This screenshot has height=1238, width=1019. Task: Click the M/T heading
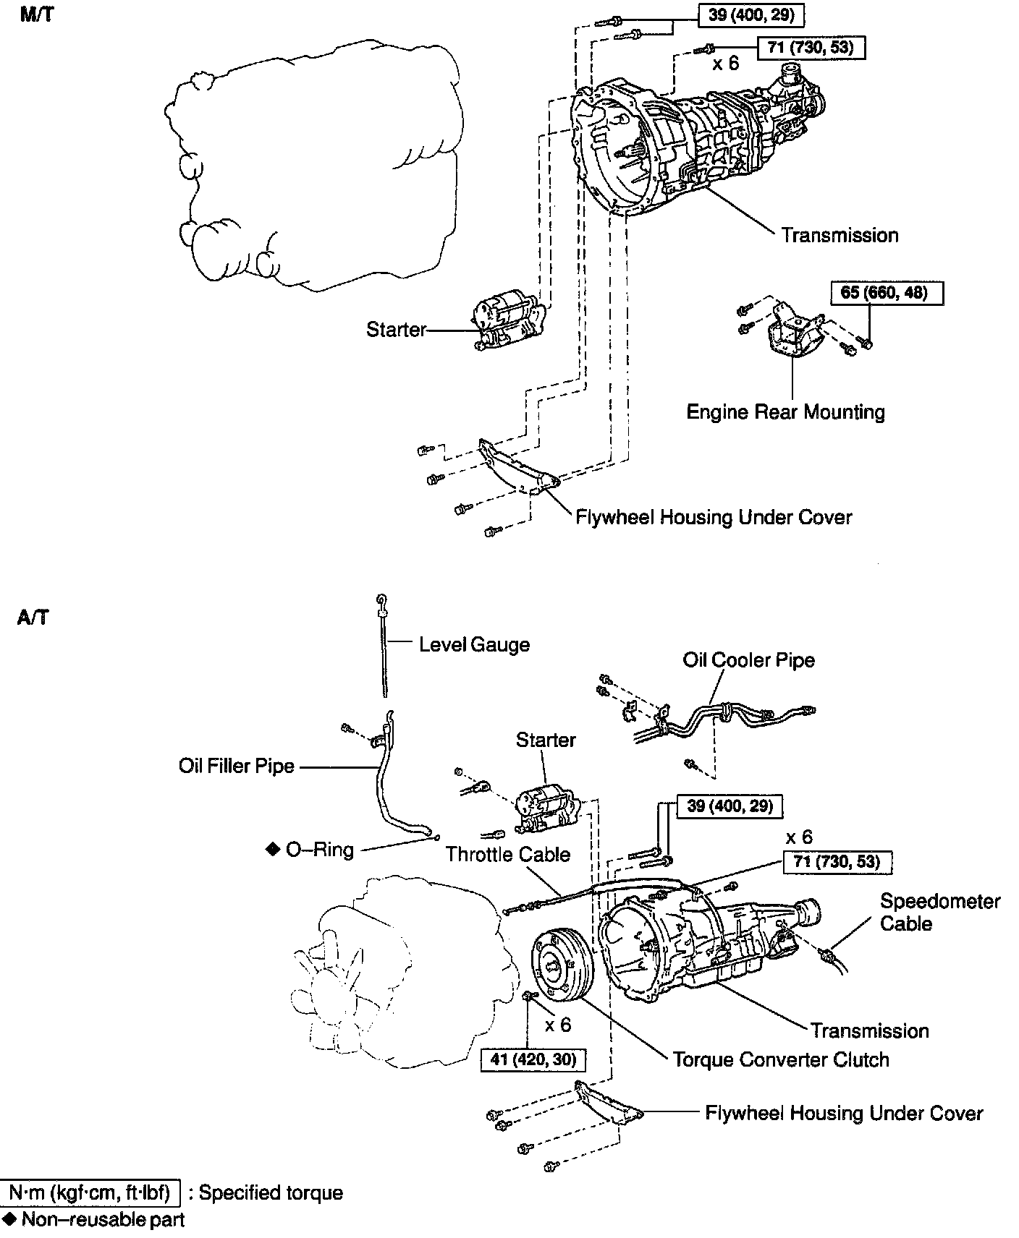[x=36, y=14]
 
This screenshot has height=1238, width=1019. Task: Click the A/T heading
[x=33, y=618]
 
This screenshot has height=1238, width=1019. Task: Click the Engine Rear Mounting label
[x=785, y=412]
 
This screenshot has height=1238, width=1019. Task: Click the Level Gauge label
[x=474, y=644]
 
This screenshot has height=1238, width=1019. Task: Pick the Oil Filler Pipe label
[x=237, y=766]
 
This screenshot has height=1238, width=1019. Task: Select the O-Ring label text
[x=319, y=849]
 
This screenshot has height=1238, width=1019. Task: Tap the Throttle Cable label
[x=507, y=854]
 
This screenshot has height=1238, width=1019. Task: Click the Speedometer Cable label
[x=939, y=913]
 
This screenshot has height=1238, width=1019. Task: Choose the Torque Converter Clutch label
[x=781, y=1059]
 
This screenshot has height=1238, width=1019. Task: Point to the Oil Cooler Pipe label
[x=748, y=660]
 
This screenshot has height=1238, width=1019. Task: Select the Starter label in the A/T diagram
[x=546, y=740]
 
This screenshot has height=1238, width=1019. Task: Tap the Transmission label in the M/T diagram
[x=840, y=235]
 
